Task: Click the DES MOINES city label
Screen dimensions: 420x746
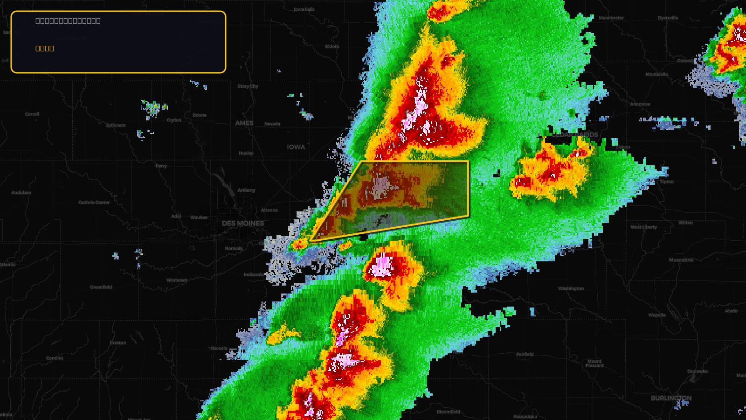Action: pos(242,224)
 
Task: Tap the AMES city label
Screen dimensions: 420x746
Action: pos(244,123)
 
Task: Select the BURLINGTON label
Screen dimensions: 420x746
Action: pos(671,398)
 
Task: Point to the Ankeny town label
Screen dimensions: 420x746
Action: pos(246,190)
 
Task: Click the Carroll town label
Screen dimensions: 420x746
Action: pos(32,114)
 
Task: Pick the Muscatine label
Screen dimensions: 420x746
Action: pos(681,260)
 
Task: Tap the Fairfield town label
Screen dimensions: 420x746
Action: pos(525,355)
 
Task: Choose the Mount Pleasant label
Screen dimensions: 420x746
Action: pos(594,364)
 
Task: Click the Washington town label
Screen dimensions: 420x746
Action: pos(571,288)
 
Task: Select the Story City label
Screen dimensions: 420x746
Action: pos(248,86)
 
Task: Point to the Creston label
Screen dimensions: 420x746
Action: pos(117,343)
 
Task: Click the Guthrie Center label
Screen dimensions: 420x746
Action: pos(94,203)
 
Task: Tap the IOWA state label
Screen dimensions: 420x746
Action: pos(296,147)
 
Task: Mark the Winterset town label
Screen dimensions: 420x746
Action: pos(177,280)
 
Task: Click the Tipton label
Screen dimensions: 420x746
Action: pos(666,182)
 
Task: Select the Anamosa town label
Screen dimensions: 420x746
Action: pos(640,104)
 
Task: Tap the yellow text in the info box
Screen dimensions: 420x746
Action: pos(45,49)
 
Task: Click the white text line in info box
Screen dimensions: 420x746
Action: pos(68,21)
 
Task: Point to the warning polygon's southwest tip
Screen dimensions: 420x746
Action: pos(311,241)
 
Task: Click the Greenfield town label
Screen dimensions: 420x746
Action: pos(101,287)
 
